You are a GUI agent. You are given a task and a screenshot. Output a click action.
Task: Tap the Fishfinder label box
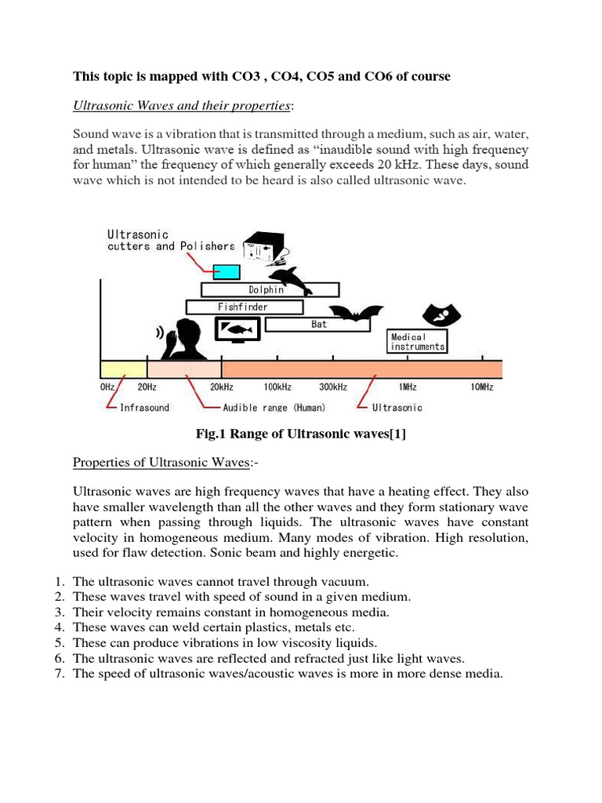tap(244, 307)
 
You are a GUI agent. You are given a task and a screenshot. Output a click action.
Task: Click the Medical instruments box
tap(418, 341)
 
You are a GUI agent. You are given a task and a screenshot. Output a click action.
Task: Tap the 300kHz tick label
tap(333, 387)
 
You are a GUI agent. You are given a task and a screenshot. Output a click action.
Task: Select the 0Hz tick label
tap(108, 387)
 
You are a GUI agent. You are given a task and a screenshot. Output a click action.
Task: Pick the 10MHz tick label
tap(481, 387)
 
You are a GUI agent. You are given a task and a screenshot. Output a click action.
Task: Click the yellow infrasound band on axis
tap(123, 369)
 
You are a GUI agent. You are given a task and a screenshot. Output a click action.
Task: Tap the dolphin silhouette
tap(288, 278)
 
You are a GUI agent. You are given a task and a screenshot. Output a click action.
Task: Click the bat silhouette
tap(356, 314)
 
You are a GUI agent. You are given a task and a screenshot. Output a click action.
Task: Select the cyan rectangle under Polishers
tap(227, 271)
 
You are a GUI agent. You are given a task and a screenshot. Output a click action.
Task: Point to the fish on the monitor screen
tap(238, 329)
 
